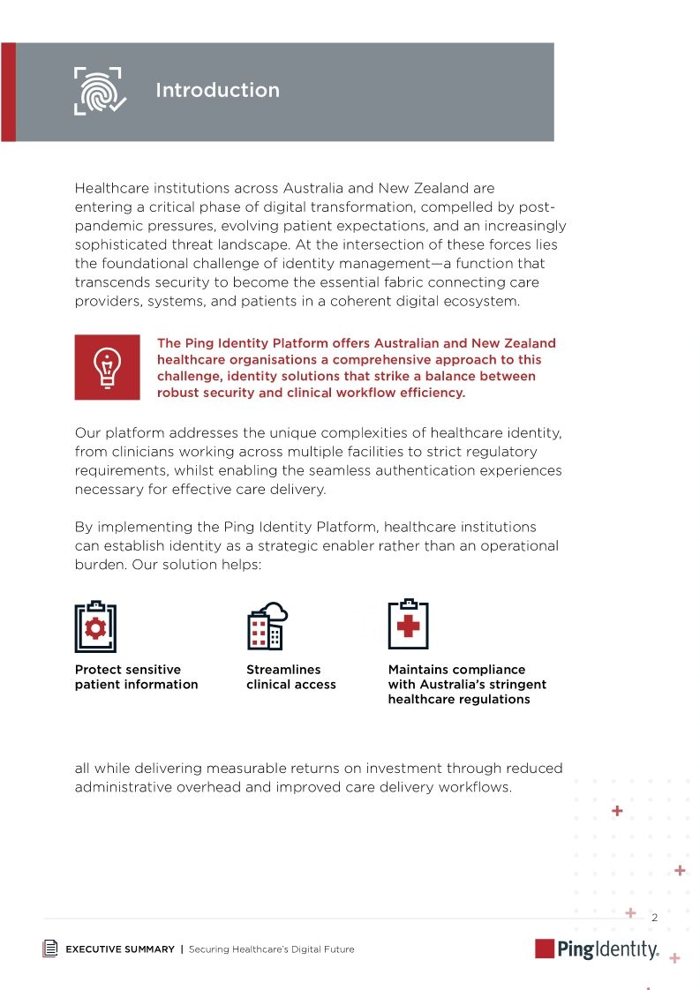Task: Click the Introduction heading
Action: pyautogui.click(x=217, y=90)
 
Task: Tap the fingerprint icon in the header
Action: pyautogui.click(x=98, y=90)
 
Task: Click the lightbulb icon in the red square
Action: pyautogui.click(x=107, y=367)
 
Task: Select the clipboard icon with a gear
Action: pyautogui.click(x=95, y=626)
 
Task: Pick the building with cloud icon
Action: pyautogui.click(x=267, y=626)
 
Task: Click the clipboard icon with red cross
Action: pyautogui.click(x=408, y=625)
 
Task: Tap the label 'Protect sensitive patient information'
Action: pyautogui.click(x=136, y=677)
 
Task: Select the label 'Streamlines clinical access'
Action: pyautogui.click(x=290, y=677)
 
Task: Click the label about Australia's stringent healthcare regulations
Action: pyautogui.click(x=467, y=684)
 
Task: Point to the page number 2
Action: pyautogui.click(x=654, y=918)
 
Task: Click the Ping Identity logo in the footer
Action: pyautogui.click(x=597, y=949)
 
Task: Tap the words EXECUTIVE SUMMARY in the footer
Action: pyautogui.click(x=120, y=949)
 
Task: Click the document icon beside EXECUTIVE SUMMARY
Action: pyautogui.click(x=51, y=949)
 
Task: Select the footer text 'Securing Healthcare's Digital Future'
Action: pyautogui.click(x=271, y=949)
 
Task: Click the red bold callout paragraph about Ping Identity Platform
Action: pyautogui.click(x=356, y=368)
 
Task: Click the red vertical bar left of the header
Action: pyautogui.click(x=8, y=92)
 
